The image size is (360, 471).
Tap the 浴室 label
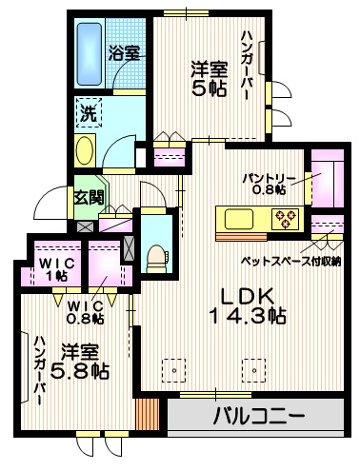124,54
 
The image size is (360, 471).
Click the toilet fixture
156,253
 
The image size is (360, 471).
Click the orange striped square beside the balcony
147,415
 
